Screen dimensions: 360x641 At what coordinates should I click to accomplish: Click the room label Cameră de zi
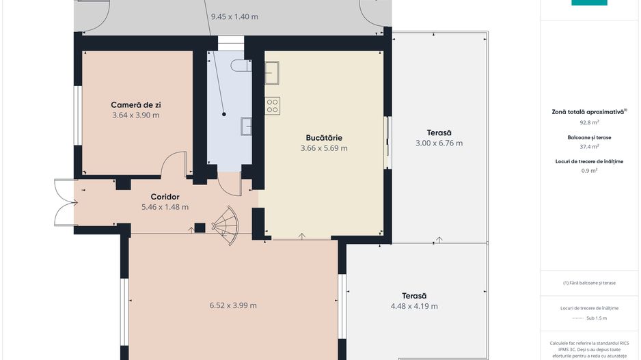[x=136, y=105]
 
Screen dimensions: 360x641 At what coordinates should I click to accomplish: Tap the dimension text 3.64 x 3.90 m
[x=136, y=115]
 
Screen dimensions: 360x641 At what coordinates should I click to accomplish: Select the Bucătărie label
[x=324, y=137]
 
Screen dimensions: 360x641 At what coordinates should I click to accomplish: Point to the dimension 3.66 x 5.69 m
[x=324, y=148]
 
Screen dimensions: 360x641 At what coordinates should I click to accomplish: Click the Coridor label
[x=165, y=197]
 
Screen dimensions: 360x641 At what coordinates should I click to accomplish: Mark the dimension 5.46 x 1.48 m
[x=165, y=207]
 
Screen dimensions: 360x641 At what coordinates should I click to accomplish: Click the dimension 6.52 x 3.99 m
[x=233, y=306]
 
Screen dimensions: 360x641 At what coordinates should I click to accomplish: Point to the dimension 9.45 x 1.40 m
[x=234, y=17]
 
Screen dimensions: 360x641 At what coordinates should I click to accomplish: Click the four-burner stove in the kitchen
[x=272, y=105]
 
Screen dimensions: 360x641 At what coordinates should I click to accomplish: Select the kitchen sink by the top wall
[x=272, y=69]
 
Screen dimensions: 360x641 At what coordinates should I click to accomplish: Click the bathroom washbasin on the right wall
[x=247, y=126]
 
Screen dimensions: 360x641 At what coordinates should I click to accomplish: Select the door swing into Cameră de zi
[x=174, y=164]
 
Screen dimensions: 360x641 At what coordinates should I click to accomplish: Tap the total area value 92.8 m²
[x=589, y=123]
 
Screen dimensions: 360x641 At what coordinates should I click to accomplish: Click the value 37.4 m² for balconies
[x=589, y=146]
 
